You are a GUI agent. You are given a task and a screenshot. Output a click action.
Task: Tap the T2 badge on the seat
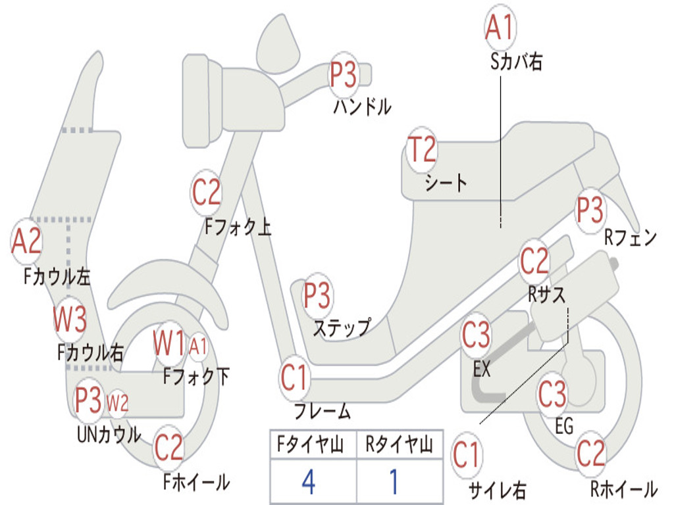[x=422, y=150]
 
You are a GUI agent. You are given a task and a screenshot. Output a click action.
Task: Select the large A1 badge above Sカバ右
[x=500, y=27]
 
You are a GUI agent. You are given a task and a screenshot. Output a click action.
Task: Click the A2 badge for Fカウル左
[x=26, y=241]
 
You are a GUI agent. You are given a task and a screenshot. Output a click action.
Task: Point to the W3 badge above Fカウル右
[x=70, y=320]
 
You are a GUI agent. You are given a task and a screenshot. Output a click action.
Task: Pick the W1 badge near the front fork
[x=168, y=343]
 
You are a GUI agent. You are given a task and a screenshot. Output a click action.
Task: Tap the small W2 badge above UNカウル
[x=117, y=403]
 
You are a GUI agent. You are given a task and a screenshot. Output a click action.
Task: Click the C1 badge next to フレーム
[x=294, y=377]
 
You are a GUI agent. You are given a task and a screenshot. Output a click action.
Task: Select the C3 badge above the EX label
[x=475, y=335]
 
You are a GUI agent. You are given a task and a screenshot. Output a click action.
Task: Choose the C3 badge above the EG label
[x=552, y=394]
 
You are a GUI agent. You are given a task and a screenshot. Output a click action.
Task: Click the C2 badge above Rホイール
[x=590, y=454]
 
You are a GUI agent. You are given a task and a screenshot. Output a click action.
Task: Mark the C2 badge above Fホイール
[x=168, y=447]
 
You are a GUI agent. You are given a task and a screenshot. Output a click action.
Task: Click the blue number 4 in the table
[x=309, y=482]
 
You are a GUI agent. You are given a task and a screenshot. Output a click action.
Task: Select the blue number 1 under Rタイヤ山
[x=394, y=482]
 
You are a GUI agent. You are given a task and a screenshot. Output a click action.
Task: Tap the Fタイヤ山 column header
[x=311, y=445]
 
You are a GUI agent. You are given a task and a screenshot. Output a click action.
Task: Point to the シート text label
[x=446, y=183]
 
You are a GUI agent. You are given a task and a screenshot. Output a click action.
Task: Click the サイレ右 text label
[x=497, y=490]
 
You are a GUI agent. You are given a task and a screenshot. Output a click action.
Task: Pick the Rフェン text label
[x=631, y=237]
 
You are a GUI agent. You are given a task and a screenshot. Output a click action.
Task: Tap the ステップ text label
[x=342, y=328]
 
